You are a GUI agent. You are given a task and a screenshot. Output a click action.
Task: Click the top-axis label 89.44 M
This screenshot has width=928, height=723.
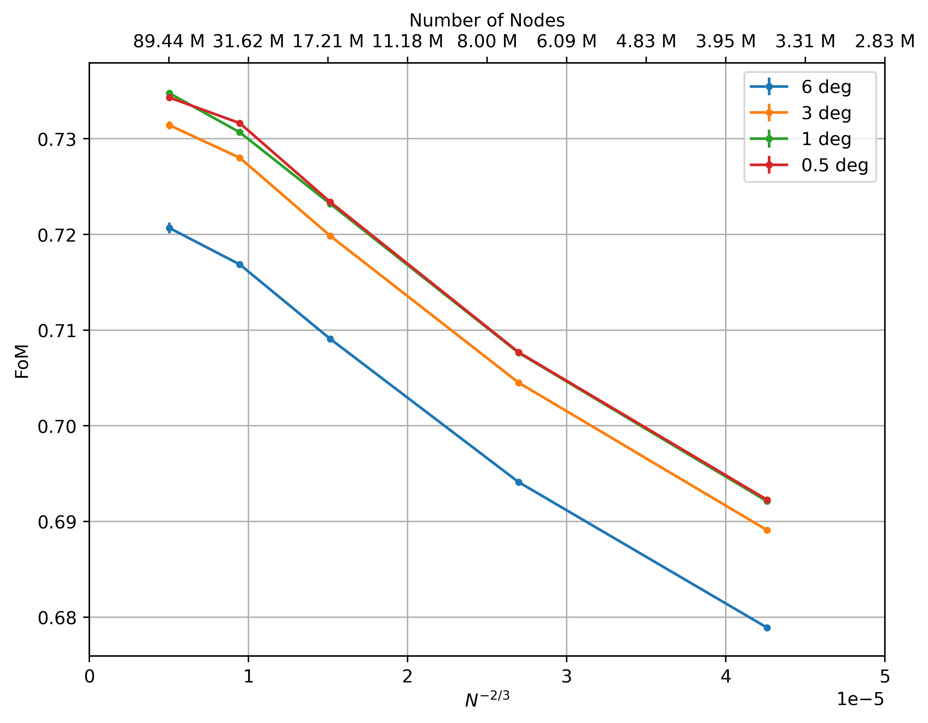point(169,42)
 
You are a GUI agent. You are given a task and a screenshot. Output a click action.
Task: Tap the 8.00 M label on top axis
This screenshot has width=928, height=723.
point(487,42)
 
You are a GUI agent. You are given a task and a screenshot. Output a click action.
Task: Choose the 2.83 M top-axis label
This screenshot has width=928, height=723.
point(885,42)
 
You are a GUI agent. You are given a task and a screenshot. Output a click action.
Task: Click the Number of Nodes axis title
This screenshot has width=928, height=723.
point(487,20)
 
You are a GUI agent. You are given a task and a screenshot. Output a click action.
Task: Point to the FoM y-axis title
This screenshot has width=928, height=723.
point(22,361)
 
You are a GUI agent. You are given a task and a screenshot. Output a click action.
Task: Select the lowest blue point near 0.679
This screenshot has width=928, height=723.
point(767,628)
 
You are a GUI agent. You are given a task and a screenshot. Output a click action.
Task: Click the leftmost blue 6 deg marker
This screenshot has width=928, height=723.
point(170,228)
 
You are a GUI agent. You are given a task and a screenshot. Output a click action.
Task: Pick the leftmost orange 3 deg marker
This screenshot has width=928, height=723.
point(170,125)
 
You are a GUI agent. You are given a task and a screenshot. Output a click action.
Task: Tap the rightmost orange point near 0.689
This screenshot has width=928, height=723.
point(767,530)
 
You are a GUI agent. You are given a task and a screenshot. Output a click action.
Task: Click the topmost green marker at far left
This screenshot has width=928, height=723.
point(170,93)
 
